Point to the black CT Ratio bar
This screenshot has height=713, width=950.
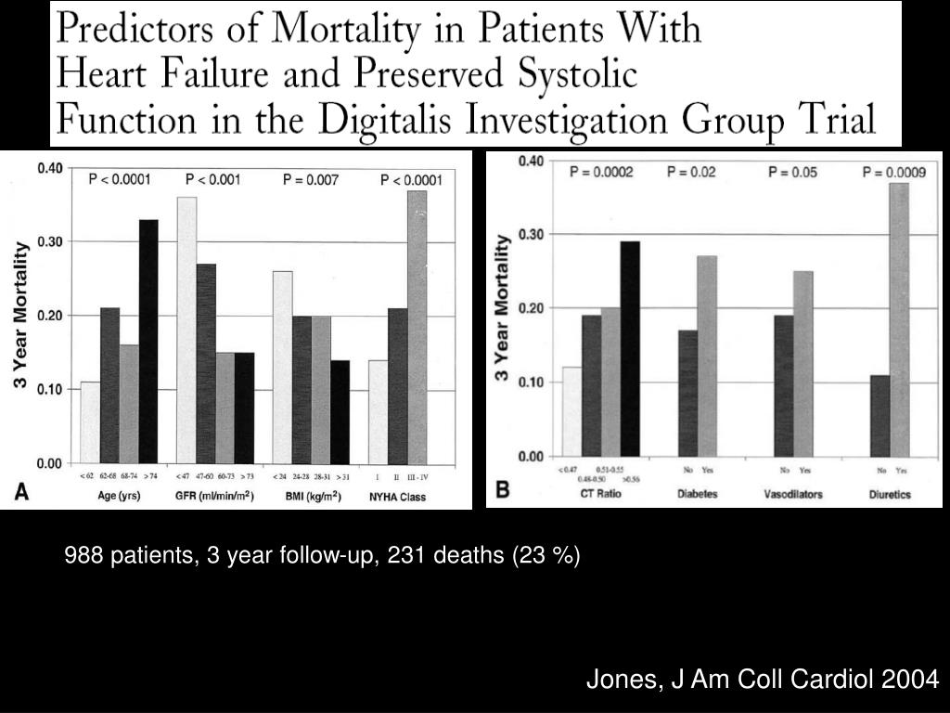[x=630, y=348]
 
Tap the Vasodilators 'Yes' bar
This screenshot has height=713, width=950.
[x=803, y=363]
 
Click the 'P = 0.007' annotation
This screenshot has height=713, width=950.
[x=311, y=179]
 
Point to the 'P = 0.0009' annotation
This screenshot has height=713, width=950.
[x=894, y=172]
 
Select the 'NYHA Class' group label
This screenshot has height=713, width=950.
[x=397, y=498]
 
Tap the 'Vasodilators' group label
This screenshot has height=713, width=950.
[x=793, y=494]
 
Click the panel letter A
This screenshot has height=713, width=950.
[x=20, y=494]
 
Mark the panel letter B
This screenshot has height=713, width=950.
[x=502, y=491]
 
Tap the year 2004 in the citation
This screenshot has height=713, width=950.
[x=911, y=681]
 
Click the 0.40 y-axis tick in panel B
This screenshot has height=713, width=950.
[x=532, y=161]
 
